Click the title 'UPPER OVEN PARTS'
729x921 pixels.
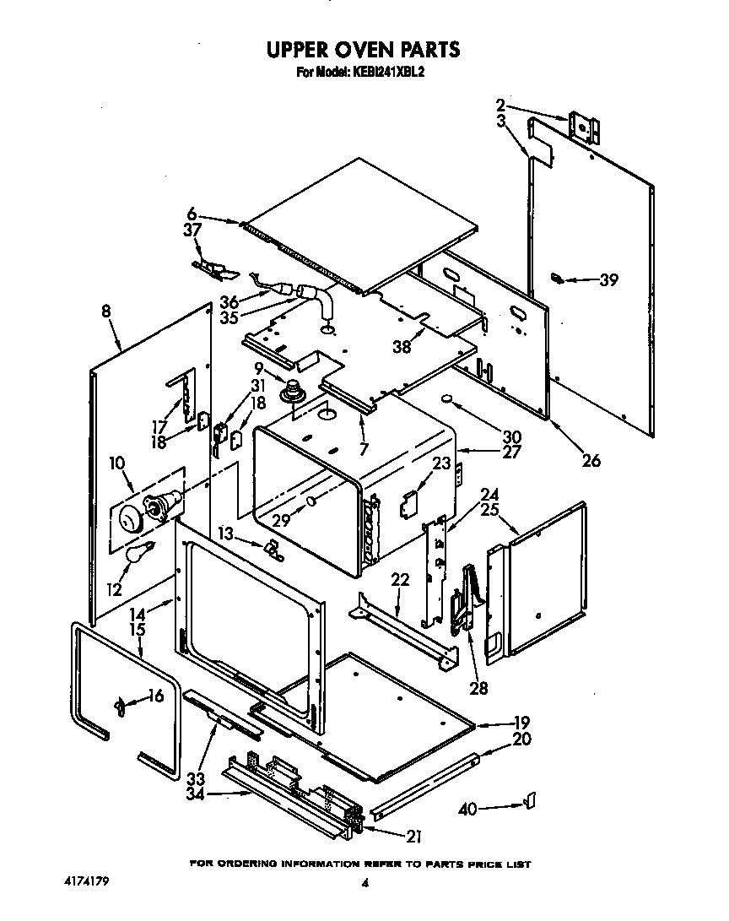pos(364,50)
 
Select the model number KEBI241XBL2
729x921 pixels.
pos(387,73)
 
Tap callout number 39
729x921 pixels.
pos(607,280)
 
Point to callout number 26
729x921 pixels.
pos(591,460)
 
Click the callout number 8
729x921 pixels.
pos(105,312)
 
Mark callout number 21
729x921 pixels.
pos(413,837)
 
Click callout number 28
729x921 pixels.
pos(478,688)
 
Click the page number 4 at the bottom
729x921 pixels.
pos(365,883)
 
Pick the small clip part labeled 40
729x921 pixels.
pos(531,799)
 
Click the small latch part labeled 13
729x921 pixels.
pos(273,550)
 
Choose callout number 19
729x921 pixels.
pos(521,722)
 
